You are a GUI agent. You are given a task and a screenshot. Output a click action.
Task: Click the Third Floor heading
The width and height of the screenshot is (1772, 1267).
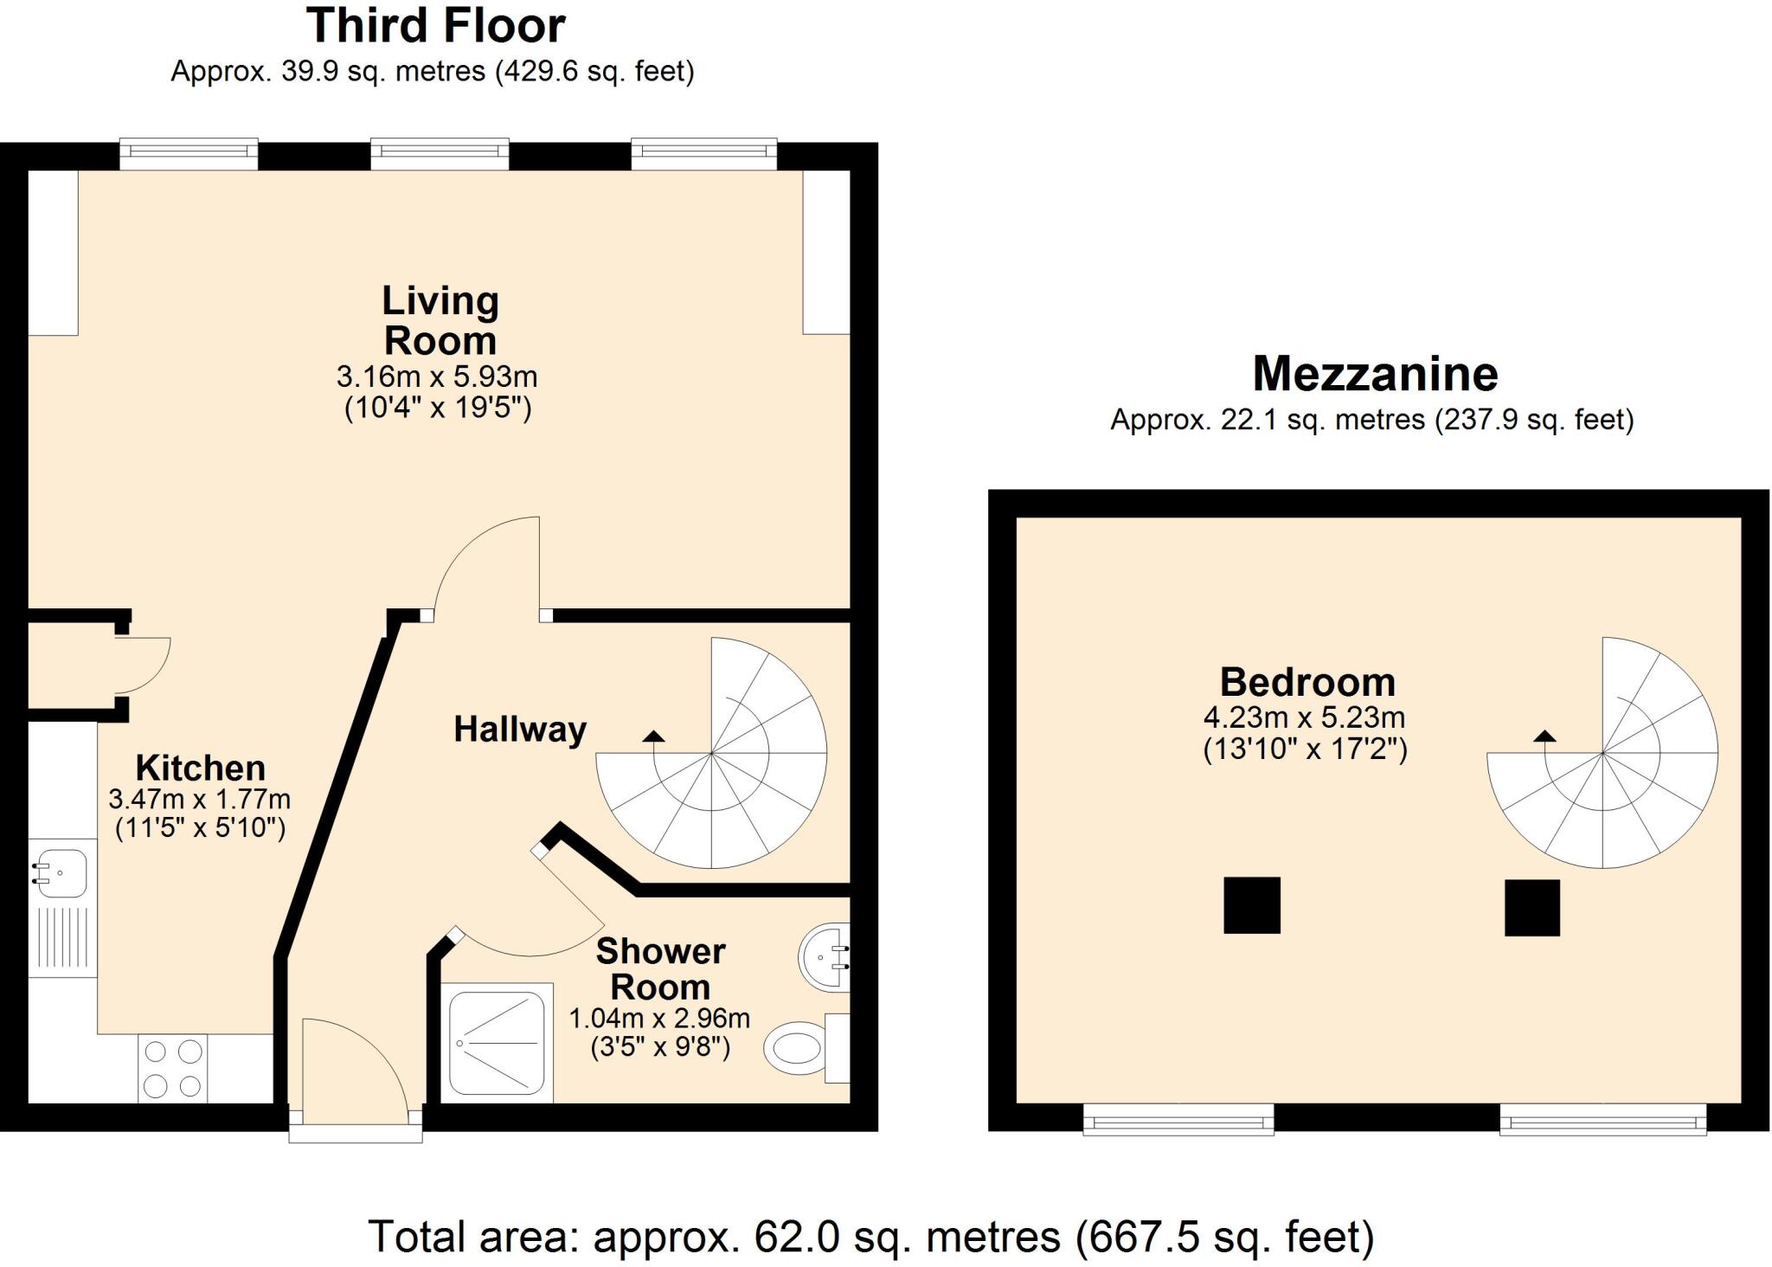tap(435, 26)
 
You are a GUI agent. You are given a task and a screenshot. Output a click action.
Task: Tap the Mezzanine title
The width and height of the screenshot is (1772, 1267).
tap(1375, 374)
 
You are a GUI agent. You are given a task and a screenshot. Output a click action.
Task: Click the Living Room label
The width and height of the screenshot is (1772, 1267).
tap(440, 320)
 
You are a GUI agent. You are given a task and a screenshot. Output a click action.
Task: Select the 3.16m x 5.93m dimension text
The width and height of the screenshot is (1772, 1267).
tap(437, 376)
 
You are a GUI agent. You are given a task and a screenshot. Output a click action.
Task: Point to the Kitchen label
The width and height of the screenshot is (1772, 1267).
tap(200, 768)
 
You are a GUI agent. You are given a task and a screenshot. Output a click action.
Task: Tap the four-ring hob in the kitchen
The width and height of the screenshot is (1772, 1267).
tap(172, 1069)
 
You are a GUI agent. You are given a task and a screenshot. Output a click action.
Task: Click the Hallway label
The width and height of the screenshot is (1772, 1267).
tap(520, 730)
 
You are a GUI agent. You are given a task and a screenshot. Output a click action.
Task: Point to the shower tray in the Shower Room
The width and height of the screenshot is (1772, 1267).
tap(497, 1042)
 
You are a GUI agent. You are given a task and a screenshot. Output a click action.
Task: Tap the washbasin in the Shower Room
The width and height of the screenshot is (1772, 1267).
tap(822, 956)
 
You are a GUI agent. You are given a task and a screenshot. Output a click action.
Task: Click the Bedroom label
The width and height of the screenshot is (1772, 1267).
tap(1307, 683)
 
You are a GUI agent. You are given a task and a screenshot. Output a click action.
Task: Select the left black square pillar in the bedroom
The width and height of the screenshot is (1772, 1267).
tap(1251, 905)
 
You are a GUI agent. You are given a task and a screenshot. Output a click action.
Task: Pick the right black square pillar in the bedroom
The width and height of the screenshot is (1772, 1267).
tap(1531, 908)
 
